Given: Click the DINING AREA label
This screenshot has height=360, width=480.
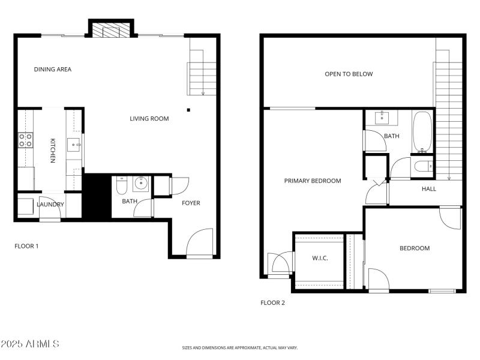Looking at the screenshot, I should click(53, 70).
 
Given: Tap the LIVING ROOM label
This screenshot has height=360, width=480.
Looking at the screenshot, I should click(149, 119).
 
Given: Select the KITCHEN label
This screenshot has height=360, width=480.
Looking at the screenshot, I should click(53, 151).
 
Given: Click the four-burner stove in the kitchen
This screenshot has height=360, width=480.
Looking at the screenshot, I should click(25, 140).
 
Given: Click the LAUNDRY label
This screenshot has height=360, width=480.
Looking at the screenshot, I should click(50, 205).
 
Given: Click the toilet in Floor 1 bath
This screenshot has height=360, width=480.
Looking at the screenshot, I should click(121, 185).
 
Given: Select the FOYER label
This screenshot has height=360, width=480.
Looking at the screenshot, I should click(191, 203).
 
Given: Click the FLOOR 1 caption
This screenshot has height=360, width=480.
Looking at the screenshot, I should click(26, 246).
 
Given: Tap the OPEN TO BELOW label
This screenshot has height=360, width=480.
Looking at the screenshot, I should click(349, 74).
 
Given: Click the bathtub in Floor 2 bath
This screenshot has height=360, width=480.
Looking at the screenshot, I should click(422, 132).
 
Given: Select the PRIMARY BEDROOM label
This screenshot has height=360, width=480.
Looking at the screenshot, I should click(313, 181).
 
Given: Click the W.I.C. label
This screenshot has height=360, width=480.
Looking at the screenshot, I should click(320, 259).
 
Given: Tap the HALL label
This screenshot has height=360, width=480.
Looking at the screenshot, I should click(429, 189).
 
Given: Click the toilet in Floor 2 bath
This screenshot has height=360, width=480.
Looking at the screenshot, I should click(422, 166).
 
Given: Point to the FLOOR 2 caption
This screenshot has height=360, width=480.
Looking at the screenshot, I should click(272, 303).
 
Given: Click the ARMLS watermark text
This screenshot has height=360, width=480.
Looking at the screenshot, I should click(30, 344).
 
